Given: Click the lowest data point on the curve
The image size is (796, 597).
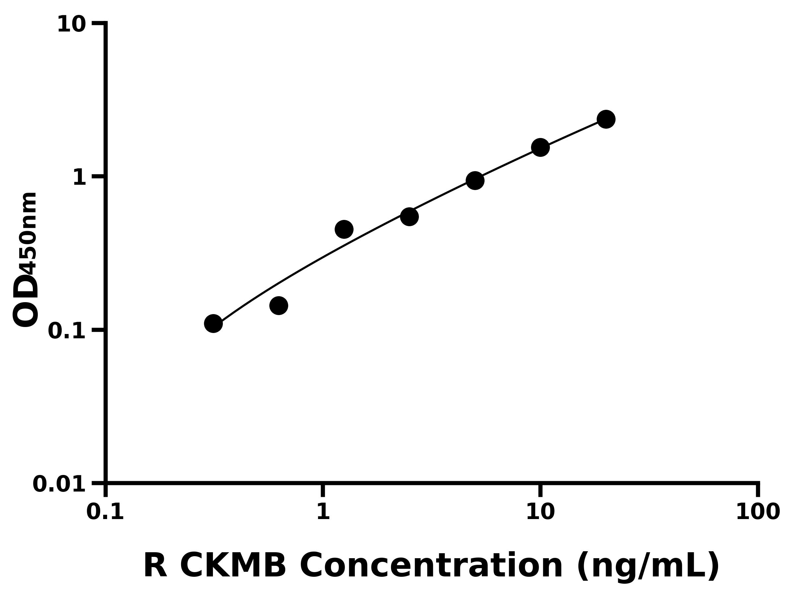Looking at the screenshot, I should click(x=213, y=323).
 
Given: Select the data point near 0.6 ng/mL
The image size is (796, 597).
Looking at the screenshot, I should click(x=279, y=305).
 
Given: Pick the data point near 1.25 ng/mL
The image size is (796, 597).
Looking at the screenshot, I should click(x=344, y=229).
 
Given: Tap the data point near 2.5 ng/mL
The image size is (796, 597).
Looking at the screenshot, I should click(x=409, y=217).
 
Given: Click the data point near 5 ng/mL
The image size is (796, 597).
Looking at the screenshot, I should click(x=475, y=180).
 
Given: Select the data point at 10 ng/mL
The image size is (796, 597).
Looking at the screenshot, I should click(x=540, y=147).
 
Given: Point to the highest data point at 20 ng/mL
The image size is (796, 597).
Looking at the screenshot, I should click(x=606, y=119).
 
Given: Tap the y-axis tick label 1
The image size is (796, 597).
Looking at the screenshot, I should click(x=80, y=178).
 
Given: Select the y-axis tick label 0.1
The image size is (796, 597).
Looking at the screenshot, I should click(x=67, y=331).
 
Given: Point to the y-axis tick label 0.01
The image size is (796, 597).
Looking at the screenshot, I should click(x=59, y=484).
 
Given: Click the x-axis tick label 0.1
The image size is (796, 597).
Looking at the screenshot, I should click(x=105, y=512).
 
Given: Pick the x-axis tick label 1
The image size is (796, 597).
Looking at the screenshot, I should click(x=323, y=512).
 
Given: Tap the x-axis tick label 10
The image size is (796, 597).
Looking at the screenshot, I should click(x=540, y=512).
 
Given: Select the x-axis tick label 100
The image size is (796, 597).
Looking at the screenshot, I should click(x=758, y=512).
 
